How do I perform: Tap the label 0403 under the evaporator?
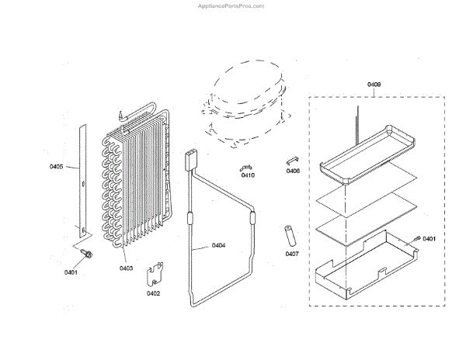tap(127, 268)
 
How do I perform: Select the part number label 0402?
tap(153, 293)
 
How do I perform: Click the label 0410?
tap(248, 175)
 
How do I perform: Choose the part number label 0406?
tap(293, 171)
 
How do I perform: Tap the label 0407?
tap(292, 254)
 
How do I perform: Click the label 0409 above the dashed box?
tap(374, 84)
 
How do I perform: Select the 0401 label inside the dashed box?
tap(428, 238)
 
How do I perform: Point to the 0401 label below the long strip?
tap(71, 272)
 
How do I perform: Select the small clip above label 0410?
tap(246, 166)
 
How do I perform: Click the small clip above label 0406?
tap(293, 159)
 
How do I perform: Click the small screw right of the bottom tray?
tap(417, 238)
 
